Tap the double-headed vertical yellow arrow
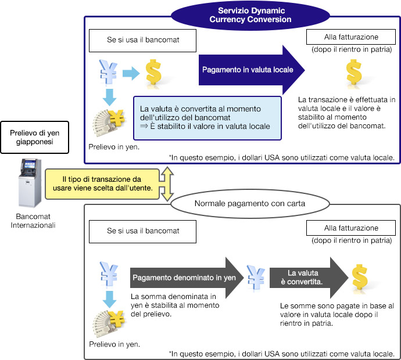[x=167, y=183]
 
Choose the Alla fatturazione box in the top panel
[x=350, y=39]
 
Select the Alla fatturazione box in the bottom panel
[x=350, y=228]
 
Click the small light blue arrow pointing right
[x=131, y=73]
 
